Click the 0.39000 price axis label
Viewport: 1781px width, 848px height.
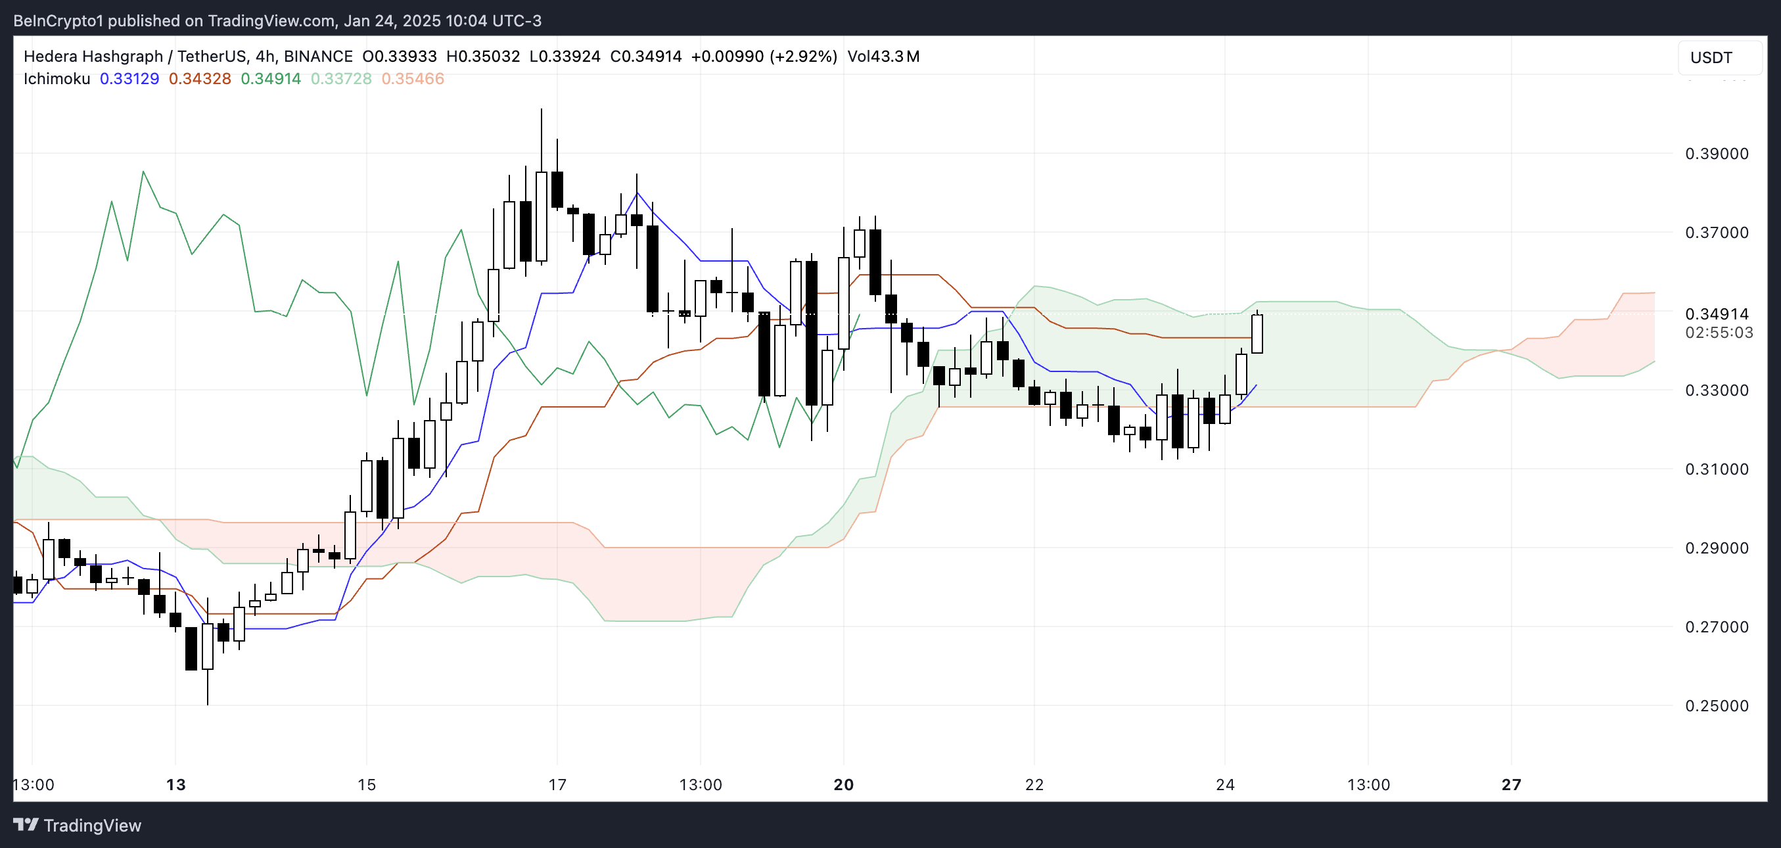pyautogui.click(x=1716, y=154)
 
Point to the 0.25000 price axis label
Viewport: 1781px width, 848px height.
pyautogui.click(x=1716, y=705)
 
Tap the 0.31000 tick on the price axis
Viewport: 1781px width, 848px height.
pyautogui.click(x=1716, y=469)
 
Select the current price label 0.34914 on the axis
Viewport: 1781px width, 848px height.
pyautogui.click(x=1716, y=314)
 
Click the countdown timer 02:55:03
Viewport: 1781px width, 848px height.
pyautogui.click(x=1718, y=333)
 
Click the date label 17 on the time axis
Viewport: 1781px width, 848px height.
pyautogui.click(x=557, y=784)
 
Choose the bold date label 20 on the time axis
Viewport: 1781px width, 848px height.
pyautogui.click(x=843, y=784)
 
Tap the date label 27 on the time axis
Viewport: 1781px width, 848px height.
pyautogui.click(x=1512, y=784)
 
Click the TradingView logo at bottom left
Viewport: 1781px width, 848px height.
pyautogui.click(x=78, y=825)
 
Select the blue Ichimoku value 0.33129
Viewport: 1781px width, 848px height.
pyautogui.click(x=129, y=79)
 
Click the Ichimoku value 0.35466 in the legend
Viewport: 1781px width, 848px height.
pyautogui.click(x=413, y=79)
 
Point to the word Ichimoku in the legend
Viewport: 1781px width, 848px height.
pyautogui.click(x=57, y=79)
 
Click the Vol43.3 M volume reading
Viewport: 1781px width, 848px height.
pyautogui.click(x=883, y=57)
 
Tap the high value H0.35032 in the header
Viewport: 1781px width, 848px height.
pyautogui.click(x=482, y=57)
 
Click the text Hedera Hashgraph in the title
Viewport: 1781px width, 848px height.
pyautogui.click(x=93, y=57)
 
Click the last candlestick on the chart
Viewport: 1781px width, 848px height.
pyautogui.click(x=1257, y=334)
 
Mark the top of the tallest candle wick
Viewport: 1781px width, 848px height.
pyautogui.click(x=542, y=109)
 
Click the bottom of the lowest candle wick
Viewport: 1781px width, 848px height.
pyautogui.click(x=208, y=704)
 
